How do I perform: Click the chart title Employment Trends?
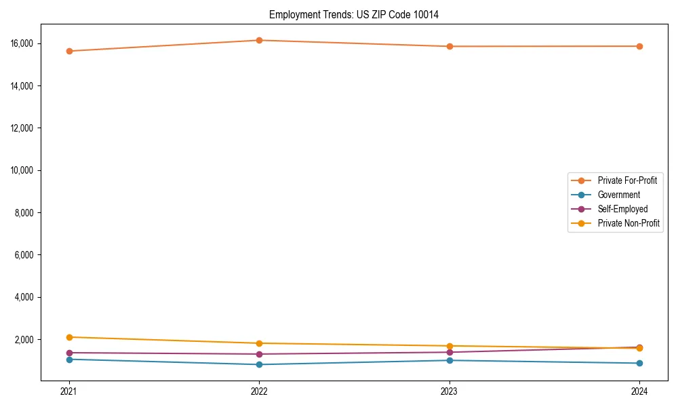[x=354, y=15]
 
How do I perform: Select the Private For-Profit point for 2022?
[x=259, y=40]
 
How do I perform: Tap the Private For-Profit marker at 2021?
[x=69, y=51]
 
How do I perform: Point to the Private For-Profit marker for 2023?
[x=450, y=46]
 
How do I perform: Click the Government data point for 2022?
[x=259, y=364]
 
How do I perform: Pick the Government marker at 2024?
[x=639, y=363]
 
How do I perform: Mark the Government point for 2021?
[x=69, y=359]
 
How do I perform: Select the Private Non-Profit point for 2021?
[x=69, y=337]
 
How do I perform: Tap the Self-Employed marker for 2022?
[x=259, y=354]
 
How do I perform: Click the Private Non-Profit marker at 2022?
[x=259, y=343]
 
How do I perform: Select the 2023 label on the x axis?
[x=450, y=391]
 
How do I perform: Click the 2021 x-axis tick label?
[x=69, y=391]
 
